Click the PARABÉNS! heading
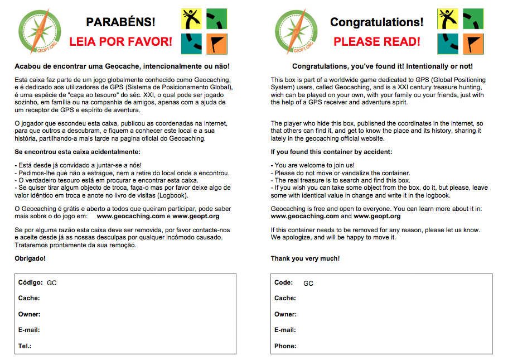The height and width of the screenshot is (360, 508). point(120,22)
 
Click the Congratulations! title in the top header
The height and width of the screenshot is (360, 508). point(376,22)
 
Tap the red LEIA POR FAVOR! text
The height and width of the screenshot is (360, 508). point(120,42)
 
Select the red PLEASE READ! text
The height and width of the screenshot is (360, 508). point(376,42)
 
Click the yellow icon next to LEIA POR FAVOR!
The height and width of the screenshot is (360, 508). point(191,19)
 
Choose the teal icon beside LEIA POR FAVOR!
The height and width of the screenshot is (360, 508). point(191,44)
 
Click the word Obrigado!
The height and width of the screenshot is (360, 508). point(30,258)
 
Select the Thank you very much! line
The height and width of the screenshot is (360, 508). point(305,258)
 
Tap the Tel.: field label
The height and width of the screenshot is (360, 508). point(25,346)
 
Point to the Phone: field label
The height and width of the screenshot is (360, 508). point(285,346)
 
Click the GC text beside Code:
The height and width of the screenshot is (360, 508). point(308,283)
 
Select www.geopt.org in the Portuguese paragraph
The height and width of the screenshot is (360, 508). point(196,216)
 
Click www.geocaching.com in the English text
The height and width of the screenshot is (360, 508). point(304,216)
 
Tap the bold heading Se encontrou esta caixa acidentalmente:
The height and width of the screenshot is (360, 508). point(78,152)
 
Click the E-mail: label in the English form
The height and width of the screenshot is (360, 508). point(285,330)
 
